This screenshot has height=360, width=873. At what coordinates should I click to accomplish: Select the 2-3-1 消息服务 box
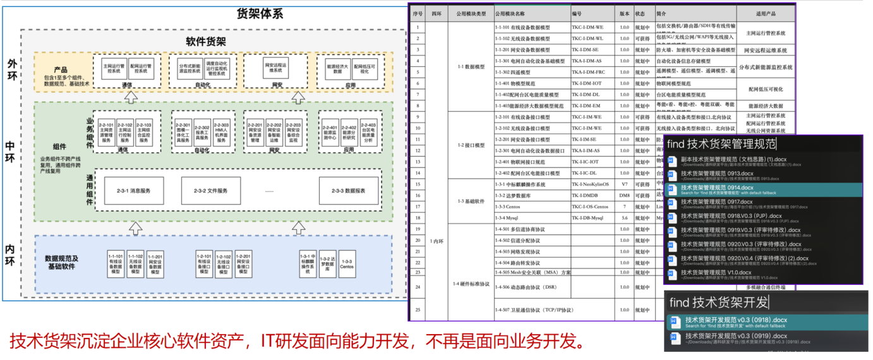point(133,190)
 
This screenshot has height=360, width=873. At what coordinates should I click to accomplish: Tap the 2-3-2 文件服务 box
point(210,190)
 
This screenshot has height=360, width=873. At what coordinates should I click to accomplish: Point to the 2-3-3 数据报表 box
point(350,190)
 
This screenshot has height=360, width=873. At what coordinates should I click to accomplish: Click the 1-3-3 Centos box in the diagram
point(346,265)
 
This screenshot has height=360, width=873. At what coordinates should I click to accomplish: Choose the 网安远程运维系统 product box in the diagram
point(276,66)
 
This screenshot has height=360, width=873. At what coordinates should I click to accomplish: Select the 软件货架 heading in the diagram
point(206,42)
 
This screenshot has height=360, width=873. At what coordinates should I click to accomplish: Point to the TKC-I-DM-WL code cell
point(587,39)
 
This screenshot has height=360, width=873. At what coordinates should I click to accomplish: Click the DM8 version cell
point(624,196)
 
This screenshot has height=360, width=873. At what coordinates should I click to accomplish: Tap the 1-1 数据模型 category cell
point(470,66)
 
